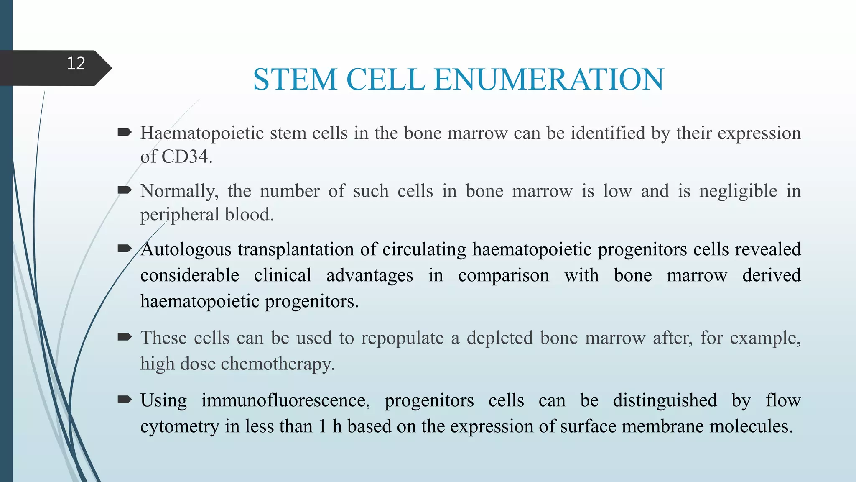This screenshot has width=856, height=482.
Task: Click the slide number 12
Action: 76,64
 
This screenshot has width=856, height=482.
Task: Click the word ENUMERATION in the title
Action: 549,79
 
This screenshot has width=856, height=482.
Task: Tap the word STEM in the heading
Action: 295,79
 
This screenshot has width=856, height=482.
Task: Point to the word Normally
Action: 179,191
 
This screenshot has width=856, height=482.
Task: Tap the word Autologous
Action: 186,249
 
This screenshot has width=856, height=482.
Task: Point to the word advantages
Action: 369,275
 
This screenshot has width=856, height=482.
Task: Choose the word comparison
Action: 504,275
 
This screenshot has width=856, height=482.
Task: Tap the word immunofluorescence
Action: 285,400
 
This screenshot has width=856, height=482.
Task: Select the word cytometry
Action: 179,426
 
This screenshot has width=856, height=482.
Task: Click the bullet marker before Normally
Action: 125,191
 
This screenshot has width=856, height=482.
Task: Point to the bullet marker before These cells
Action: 125,337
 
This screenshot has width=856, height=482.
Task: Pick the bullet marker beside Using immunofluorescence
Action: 125,400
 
